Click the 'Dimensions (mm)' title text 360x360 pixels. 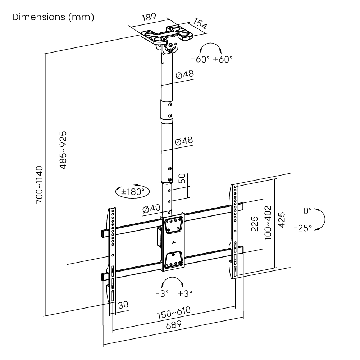[x=53, y=17]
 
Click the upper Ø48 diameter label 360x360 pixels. [x=184, y=74]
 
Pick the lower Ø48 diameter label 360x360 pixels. [x=183, y=141]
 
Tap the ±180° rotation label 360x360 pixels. [x=133, y=192]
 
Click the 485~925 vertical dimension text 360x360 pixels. [x=63, y=150]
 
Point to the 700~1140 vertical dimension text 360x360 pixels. [x=39, y=185]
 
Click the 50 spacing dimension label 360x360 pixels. [x=183, y=179]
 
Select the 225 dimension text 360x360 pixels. [x=254, y=224]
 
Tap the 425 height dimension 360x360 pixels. [x=282, y=220]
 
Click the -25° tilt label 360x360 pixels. [x=302, y=228]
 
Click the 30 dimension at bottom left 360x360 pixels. [x=123, y=305]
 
